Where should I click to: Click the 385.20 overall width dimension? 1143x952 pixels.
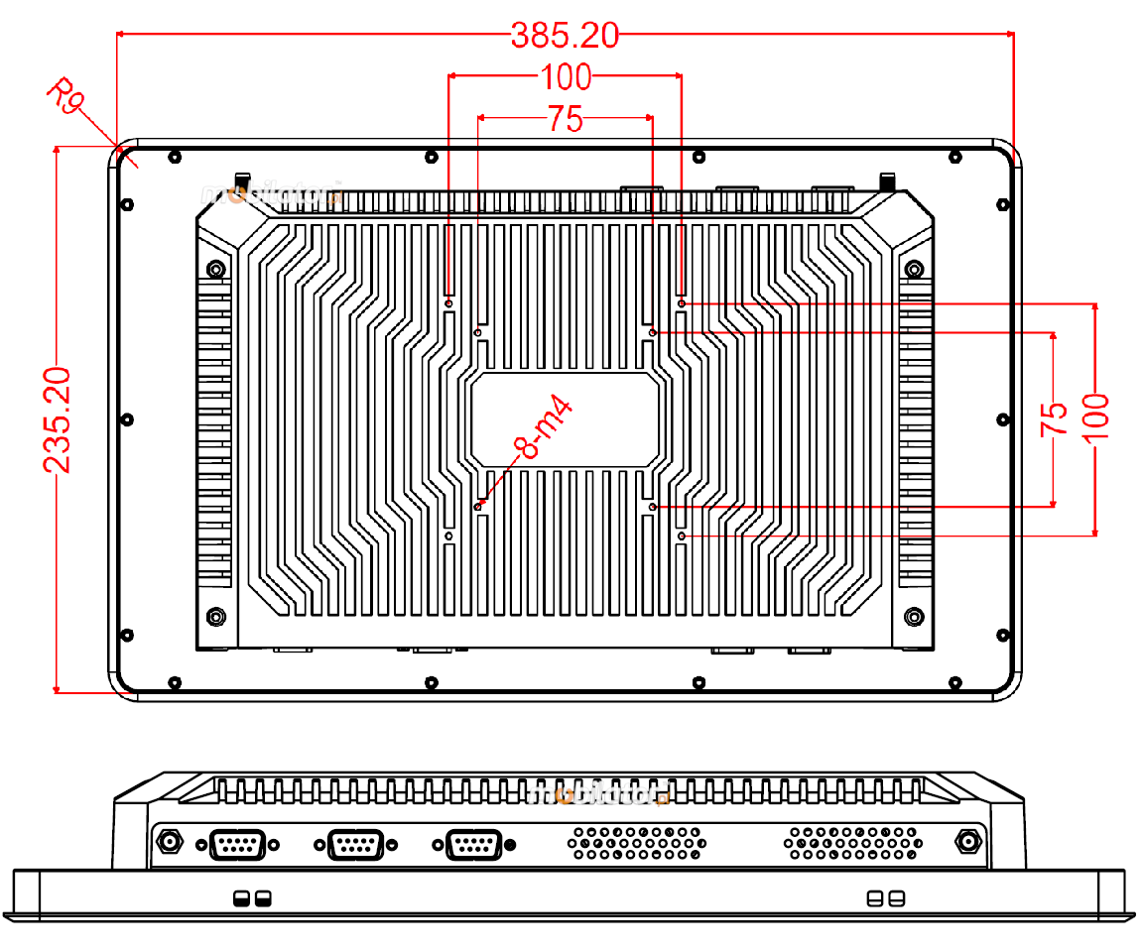[565, 36]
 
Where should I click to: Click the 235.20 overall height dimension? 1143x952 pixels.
[57, 418]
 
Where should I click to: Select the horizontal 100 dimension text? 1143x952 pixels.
[565, 75]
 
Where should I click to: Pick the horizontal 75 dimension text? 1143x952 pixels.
[565, 120]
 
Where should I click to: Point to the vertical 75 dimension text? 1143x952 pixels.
[1054, 419]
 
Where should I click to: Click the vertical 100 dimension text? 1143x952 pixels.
[1095, 418]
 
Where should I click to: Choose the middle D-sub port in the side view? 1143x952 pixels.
[354, 845]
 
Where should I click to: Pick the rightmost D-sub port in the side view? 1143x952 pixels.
[474, 845]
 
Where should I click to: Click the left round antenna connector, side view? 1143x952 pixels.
[171, 843]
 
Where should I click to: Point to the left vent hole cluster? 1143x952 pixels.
[636, 843]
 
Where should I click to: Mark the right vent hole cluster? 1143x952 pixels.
[851, 843]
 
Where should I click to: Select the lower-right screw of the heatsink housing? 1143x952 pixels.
[914, 617]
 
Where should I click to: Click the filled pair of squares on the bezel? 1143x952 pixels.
[250, 898]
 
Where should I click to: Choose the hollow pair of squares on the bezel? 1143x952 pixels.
[885, 898]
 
